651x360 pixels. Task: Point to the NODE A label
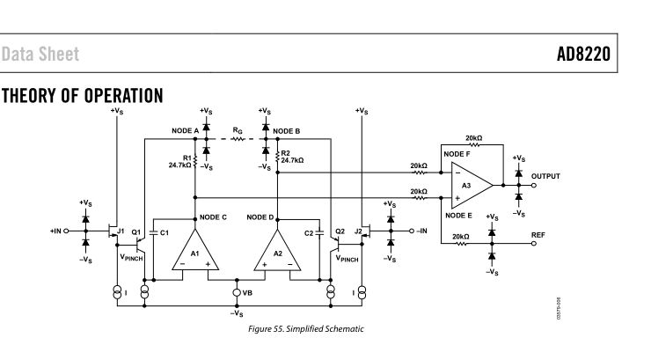click(x=186, y=130)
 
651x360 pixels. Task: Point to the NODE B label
click(x=287, y=130)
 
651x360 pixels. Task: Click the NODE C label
click(x=216, y=217)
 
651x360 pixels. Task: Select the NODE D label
click(x=260, y=217)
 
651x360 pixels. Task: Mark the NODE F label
click(x=457, y=154)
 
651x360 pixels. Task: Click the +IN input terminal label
click(x=59, y=231)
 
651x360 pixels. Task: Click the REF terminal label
click(x=538, y=235)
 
